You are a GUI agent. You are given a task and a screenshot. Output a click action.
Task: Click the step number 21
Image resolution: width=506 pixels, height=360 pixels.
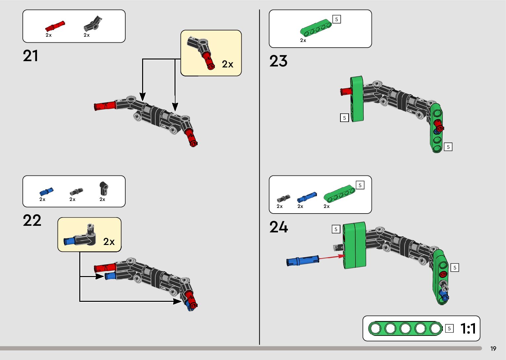[x=30, y=56]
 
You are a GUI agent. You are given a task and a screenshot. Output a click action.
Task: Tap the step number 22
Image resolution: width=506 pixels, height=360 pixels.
[x=32, y=220]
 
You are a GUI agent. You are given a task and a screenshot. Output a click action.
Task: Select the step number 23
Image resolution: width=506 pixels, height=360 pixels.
[x=278, y=61]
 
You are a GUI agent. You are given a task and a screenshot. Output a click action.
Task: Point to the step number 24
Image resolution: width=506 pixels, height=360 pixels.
[x=279, y=227]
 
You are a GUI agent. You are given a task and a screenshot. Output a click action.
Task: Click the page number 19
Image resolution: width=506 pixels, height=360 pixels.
[x=493, y=349]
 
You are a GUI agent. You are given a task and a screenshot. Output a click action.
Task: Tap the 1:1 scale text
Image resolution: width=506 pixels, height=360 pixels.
[x=468, y=329]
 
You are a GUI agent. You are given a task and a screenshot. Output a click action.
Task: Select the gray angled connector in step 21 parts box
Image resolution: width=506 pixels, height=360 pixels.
[x=93, y=24]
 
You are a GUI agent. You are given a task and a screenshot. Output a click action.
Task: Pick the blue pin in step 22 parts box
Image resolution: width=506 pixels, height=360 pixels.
[x=46, y=192]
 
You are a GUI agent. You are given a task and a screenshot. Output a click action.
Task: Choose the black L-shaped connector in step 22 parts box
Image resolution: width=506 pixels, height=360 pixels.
[x=104, y=189]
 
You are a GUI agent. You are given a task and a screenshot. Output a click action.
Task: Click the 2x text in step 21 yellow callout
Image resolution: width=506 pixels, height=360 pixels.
[x=227, y=64]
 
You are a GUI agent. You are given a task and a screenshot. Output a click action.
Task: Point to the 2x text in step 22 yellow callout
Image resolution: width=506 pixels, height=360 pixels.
[x=109, y=242]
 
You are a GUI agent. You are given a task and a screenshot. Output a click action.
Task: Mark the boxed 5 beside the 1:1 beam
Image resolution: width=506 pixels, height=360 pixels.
[x=449, y=329]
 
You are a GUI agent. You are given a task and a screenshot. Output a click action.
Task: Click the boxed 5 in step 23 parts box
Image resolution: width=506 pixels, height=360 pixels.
[x=336, y=19]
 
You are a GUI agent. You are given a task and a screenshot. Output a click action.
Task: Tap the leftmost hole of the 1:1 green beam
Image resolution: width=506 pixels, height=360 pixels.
[x=375, y=329]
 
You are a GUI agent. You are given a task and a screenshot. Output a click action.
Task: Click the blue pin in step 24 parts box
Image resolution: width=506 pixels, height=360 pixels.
[x=306, y=197]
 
